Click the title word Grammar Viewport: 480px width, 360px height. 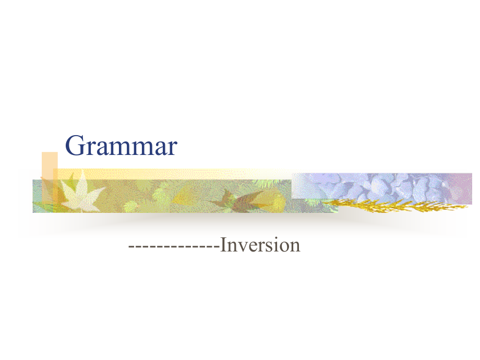[x=121, y=146]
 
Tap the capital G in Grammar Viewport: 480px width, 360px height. [x=75, y=146]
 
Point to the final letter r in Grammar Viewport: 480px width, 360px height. [x=172, y=149]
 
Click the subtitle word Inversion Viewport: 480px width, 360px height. [x=260, y=245]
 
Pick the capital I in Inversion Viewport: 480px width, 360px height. [x=223, y=245]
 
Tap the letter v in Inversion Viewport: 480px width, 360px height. [x=244, y=247]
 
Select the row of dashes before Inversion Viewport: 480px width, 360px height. [x=174, y=246]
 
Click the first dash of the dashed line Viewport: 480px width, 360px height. [x=131, y=246]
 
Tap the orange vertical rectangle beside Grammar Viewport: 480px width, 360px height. [x=50, y=177]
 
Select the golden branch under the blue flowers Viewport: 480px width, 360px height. [x=395, y=205]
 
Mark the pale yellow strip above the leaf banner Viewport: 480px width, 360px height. [x=172, y=174]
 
